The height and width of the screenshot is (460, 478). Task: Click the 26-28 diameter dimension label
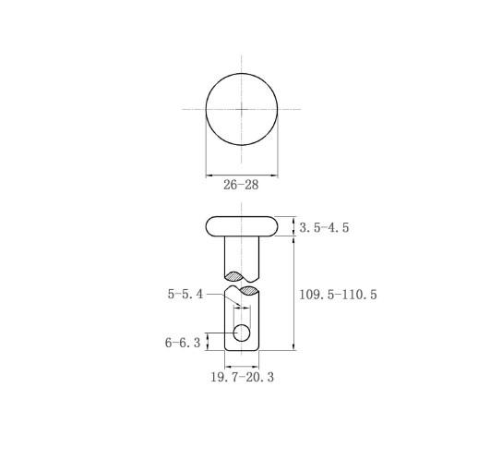241,185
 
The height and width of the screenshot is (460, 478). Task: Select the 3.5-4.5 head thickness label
324,227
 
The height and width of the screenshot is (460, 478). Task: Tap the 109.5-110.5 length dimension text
338,295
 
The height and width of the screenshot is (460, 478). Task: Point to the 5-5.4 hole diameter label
185,294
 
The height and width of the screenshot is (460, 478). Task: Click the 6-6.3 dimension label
183,343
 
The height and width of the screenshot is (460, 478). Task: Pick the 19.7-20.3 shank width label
242,377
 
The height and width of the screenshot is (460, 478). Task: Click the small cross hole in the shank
242,333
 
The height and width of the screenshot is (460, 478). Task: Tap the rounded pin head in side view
242,226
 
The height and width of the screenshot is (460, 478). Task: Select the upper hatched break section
234,276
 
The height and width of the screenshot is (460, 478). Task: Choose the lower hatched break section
249,290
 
